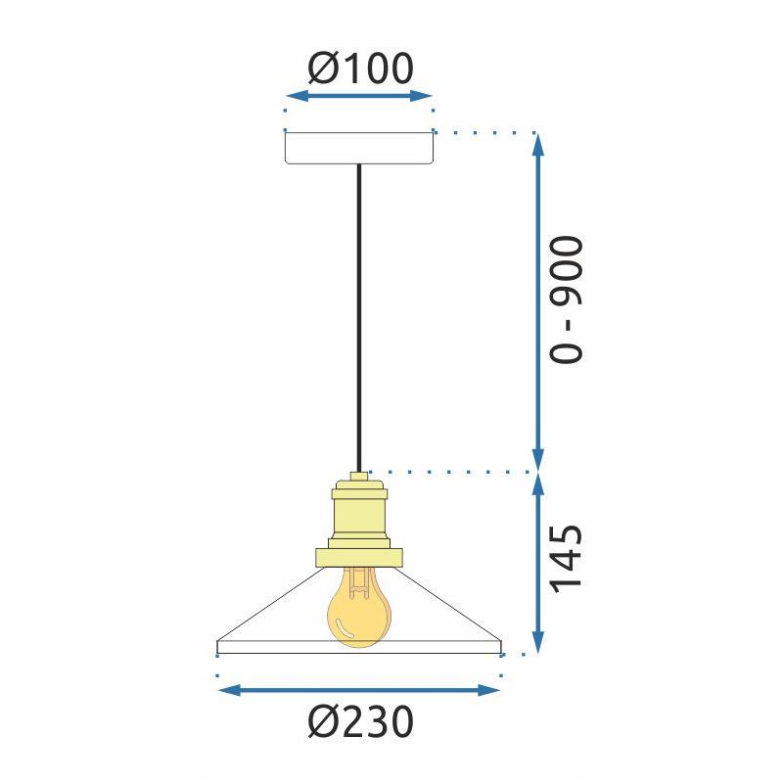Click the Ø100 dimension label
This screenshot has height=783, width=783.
359,68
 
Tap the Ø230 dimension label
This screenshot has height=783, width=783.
359,723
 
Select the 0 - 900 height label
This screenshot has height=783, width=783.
566,299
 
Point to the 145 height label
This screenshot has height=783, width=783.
566,559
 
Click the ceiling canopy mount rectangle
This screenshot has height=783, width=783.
358,147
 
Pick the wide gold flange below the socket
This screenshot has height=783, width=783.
359,557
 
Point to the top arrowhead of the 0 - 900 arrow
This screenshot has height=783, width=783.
537,142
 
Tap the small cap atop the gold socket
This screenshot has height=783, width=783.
359,476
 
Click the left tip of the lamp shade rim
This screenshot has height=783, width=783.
217,646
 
